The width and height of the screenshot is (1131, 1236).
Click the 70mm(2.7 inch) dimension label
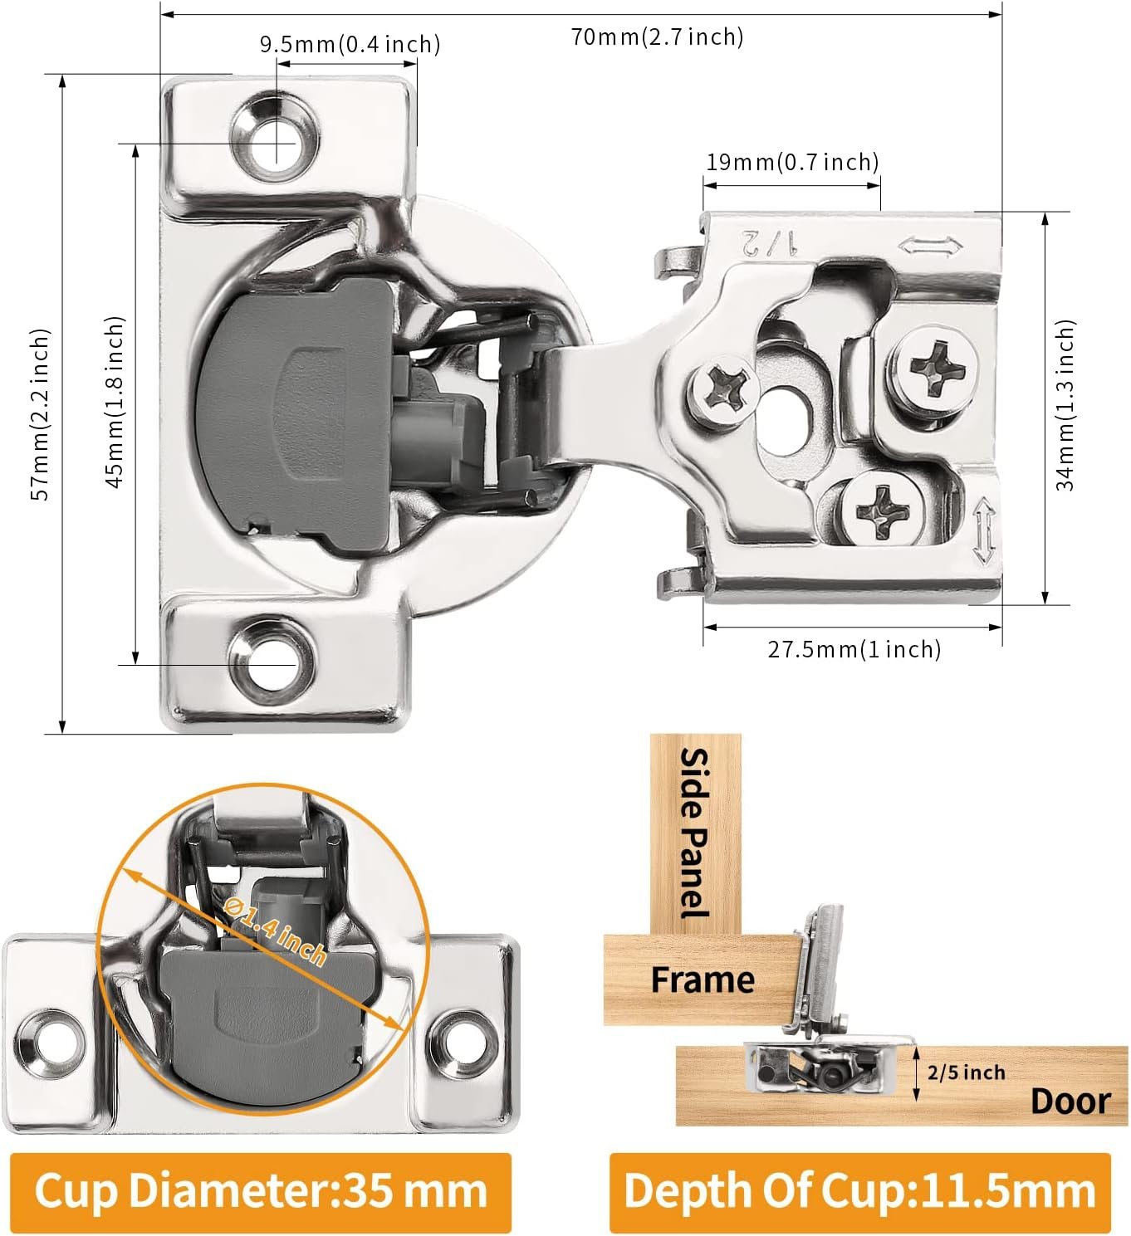[x=657, y=37]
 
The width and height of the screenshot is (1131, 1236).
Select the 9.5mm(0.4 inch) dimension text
[x=350, y=44]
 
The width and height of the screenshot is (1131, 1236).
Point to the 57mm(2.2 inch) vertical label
[x=41, y=413]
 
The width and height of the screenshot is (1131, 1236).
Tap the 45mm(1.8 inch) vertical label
[x=115, y=402]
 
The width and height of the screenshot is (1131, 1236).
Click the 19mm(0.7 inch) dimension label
[x=791, y=162]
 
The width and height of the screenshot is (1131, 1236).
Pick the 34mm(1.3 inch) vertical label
[x=1065, y=405]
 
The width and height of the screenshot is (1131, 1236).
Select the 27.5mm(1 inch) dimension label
[x=854, y=648]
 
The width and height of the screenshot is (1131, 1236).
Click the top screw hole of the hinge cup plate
[x=275, y=136]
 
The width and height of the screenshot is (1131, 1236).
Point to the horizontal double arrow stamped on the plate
[x=930, y=247]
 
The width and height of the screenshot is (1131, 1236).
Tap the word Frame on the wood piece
[x=702, y=980]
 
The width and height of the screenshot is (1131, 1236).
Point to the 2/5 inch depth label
[x=966, y=1072]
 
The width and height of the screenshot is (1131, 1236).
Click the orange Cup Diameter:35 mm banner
[x=261, y=1191]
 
